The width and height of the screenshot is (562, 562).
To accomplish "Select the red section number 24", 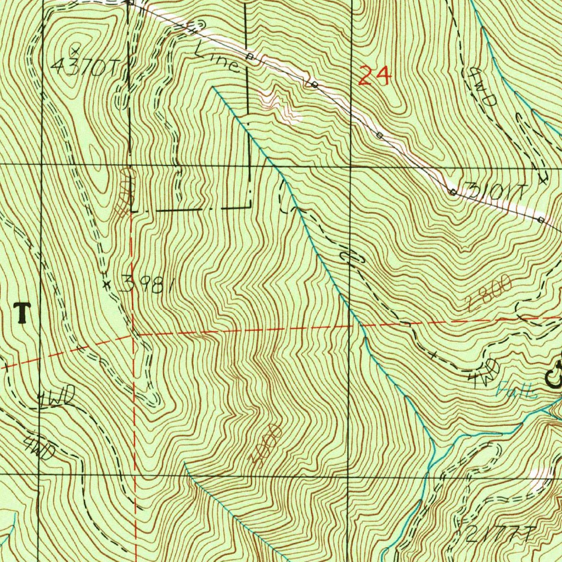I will tap(375, 75).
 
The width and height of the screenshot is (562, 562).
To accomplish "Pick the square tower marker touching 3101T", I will tap(453, 192).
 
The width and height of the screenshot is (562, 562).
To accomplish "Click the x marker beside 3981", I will tap(107, 284).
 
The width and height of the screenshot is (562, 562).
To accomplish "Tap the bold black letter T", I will tap(22, 313).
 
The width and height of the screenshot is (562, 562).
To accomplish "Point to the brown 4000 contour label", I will tap(267, 443).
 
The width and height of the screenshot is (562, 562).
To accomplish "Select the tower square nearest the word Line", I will tap(249, 57).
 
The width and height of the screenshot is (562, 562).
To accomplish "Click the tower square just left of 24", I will tap(314, 85).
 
